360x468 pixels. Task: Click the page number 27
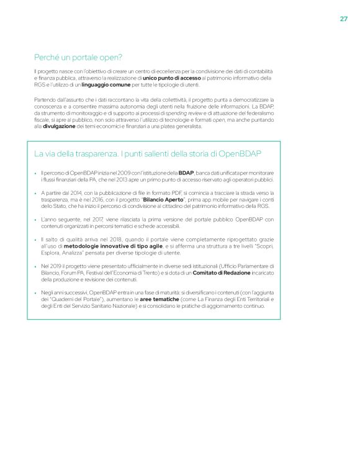(x=343, y=19)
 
